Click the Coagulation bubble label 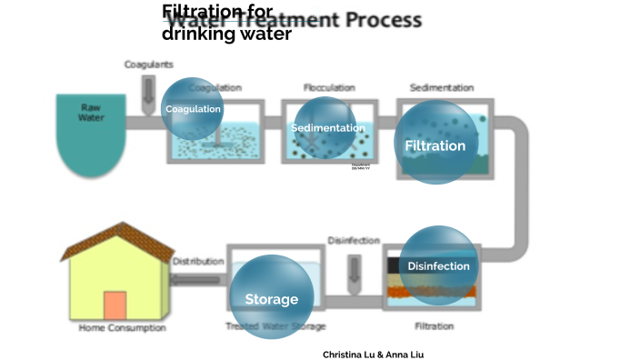coord(193,109)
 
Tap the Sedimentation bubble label coord(327,128)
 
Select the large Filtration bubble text coord(435,145)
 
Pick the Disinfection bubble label coord(438,266)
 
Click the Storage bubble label coord(271,299)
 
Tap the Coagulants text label coord(148,65)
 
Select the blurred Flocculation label coord(328,87)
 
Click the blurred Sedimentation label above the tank coord(442,87)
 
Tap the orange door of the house coord(115,305)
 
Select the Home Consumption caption coord(122,327)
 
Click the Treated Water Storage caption coord(275,326)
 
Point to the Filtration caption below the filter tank coord(434,325)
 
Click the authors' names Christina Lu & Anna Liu coord(373,355)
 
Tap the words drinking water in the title coord(226,35)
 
